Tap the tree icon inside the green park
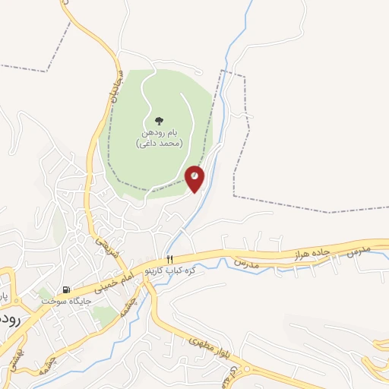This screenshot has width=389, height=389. (159, 121)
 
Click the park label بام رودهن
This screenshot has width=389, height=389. (159, 133)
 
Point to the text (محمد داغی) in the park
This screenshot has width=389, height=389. (159, 143)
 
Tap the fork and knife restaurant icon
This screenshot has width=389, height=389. (170, 260)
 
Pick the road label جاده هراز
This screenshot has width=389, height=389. (312, 252)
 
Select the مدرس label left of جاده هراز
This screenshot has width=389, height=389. (246, 262)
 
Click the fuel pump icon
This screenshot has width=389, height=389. (67, 289)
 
